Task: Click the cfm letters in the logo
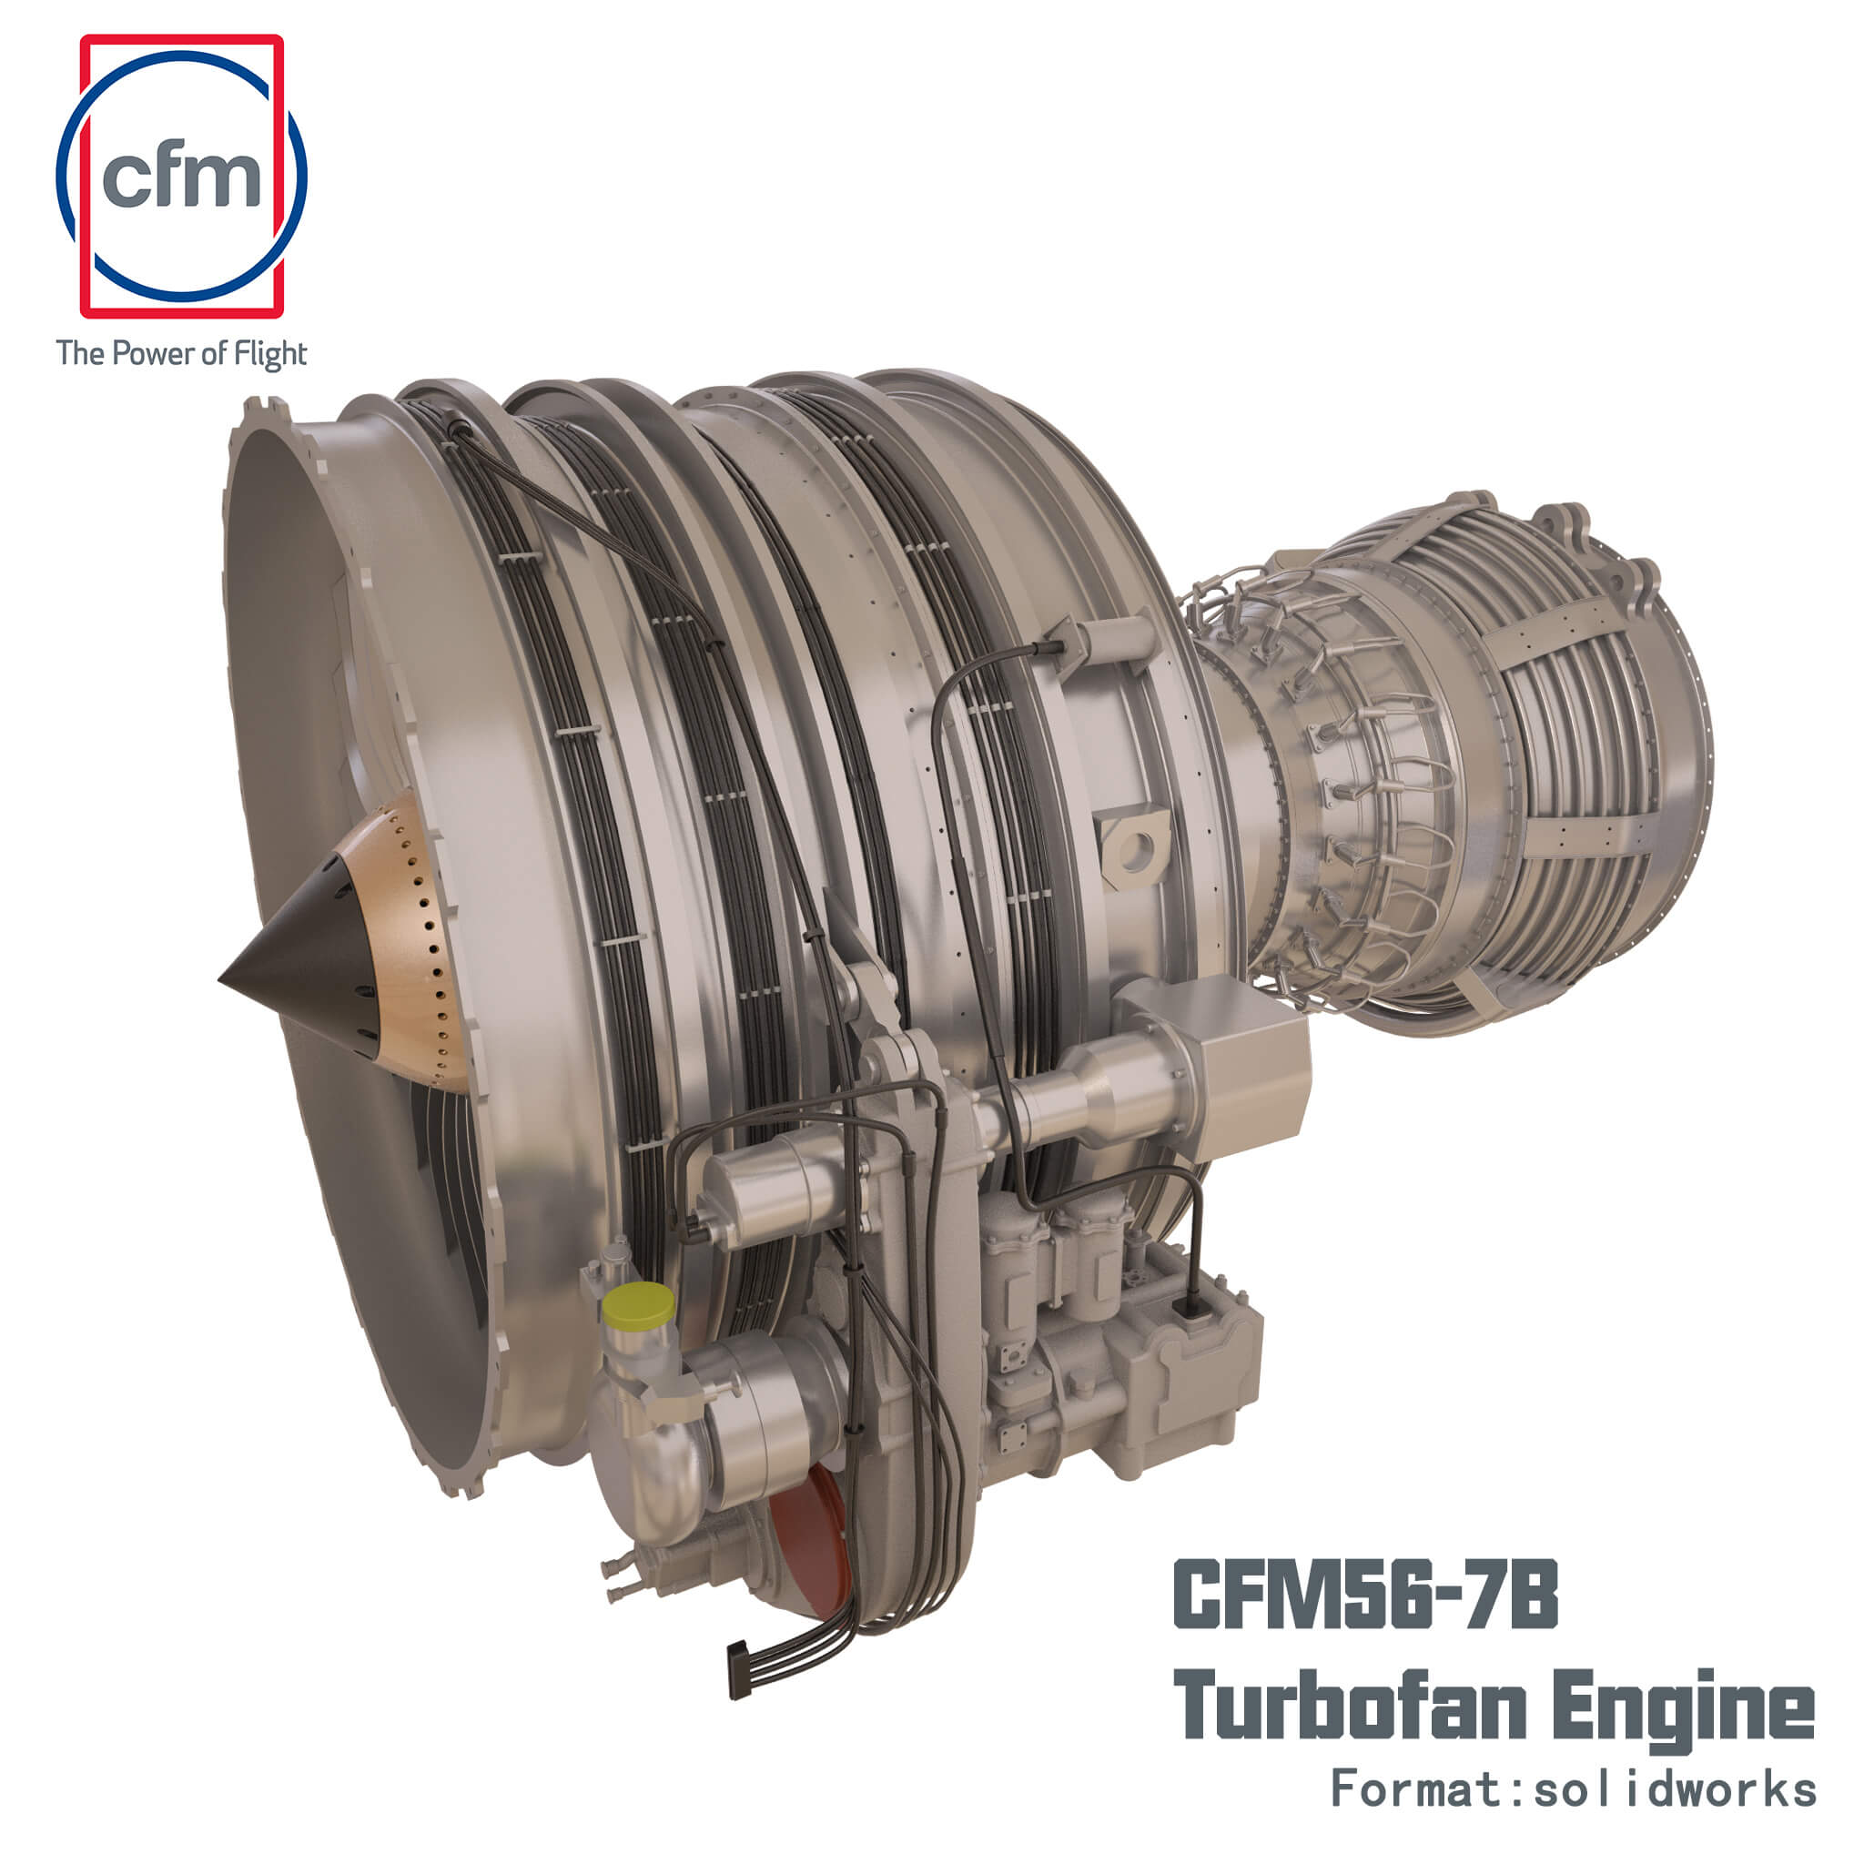click(181, 177)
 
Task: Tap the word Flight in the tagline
click(270, 354)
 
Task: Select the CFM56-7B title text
click(1364, 1596)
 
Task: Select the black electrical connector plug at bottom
click(739, 1668)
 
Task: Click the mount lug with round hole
click(1135, 849)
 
